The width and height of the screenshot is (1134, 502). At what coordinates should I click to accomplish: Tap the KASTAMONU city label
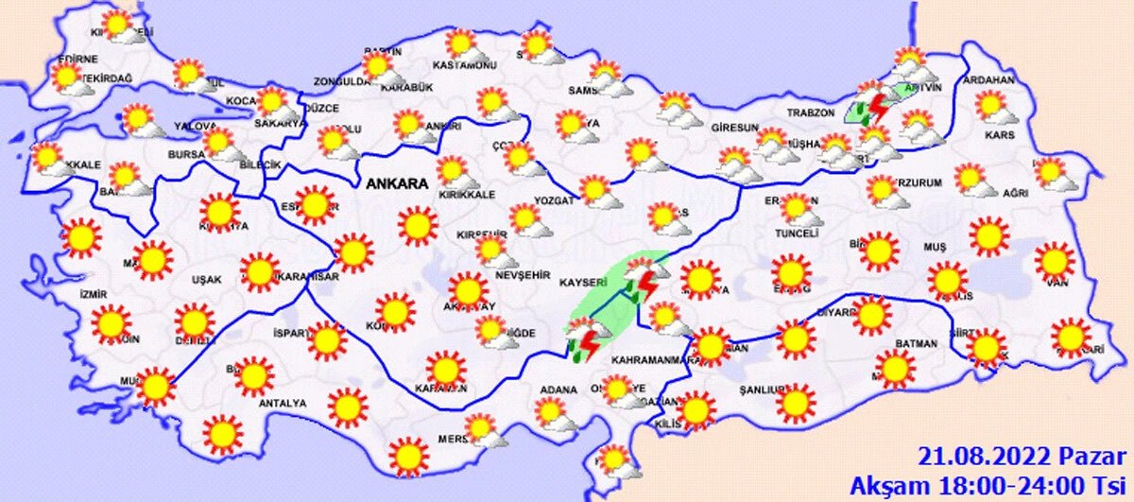(x=464, y=65)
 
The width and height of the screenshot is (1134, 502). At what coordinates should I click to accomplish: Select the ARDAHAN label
(x=988, y=80)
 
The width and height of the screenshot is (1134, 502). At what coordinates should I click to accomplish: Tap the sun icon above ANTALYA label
(x=253, y=375)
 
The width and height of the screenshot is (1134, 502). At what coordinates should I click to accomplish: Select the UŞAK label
(x=205, y=280)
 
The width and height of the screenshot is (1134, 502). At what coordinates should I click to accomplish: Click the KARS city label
(x=999, y=134)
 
